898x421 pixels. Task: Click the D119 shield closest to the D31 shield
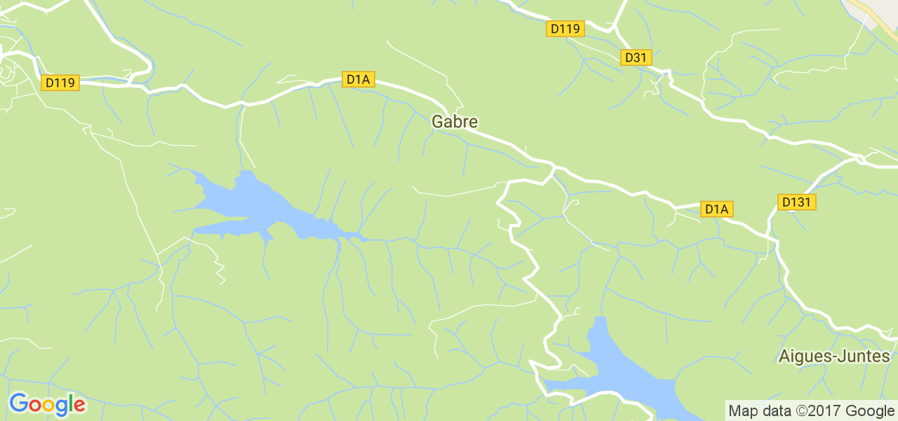point(565,29)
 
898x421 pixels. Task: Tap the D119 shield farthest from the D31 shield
point(60,83)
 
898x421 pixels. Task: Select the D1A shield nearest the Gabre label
point(358,79)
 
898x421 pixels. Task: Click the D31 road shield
point(634,58)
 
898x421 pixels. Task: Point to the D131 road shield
point(797,203)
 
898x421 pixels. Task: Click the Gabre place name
point(455,121)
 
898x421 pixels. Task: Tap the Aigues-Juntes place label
point(834,356)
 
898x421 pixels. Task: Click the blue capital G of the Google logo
point(18,403)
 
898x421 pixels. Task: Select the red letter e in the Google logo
point(79,406)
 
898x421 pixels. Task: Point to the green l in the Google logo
point(71,403)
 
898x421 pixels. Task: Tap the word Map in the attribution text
point(742,410)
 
